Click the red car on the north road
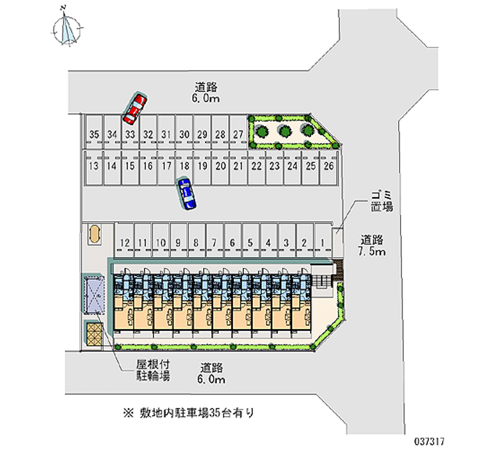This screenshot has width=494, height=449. pos(135,108)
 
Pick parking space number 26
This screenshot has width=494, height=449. pos(329,166)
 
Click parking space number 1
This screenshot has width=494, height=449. pos(322,243)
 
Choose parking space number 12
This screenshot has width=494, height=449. pos(125,243)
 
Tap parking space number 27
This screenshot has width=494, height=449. pos(238,134)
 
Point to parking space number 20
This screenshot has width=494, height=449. pos(220,166)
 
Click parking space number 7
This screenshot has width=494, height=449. pos(214,243)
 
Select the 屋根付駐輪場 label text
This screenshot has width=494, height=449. pos(154,369)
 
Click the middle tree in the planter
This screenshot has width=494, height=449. pos(285,131)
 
